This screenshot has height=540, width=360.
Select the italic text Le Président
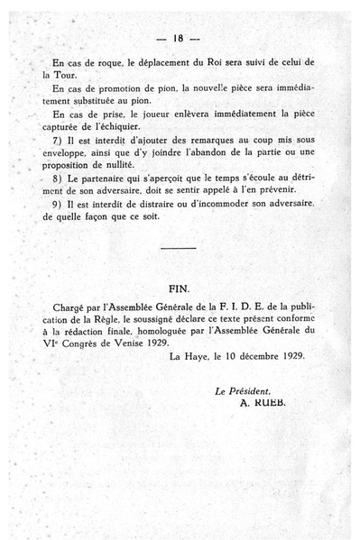242,390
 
